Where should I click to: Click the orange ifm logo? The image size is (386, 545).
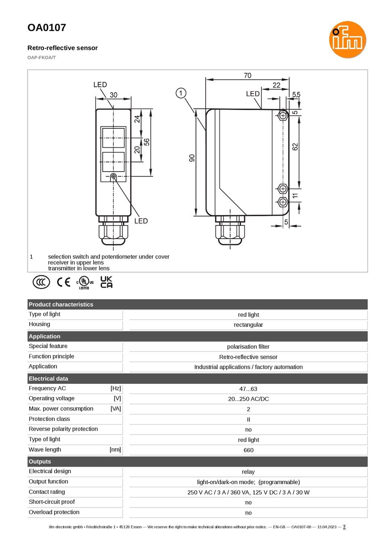coord(347,40)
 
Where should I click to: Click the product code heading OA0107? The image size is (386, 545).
coord(47,28)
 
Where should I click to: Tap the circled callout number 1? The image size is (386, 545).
coord(181,93)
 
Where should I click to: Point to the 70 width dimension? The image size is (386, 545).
coord(248,75)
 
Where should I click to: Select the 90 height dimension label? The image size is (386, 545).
coord(192,158)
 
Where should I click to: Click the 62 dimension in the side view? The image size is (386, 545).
coord(295,147)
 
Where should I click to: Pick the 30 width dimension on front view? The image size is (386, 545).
coord(113,95)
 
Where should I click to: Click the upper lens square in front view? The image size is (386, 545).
coord(113,138)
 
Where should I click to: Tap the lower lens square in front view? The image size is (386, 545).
coord(113,162)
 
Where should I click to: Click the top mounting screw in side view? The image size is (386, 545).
coord(283,115)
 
